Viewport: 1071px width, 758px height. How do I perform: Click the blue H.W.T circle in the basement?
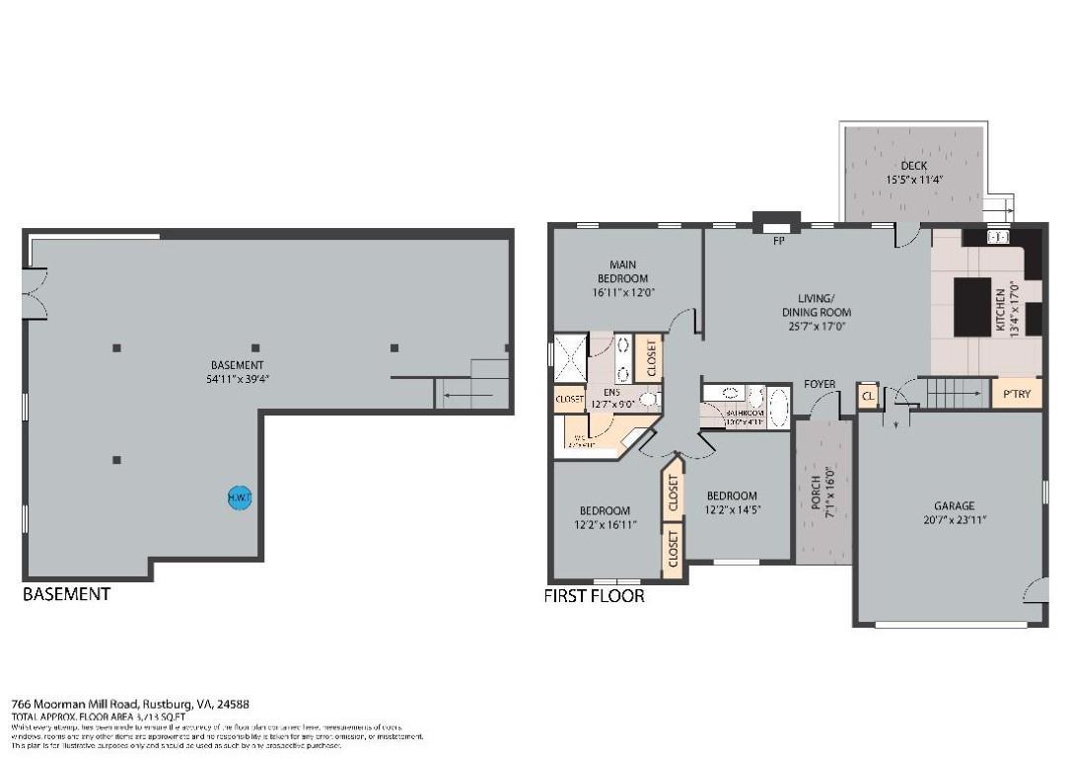click(x=240, y=498)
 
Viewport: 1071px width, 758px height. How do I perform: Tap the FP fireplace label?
click(x=778, y=240)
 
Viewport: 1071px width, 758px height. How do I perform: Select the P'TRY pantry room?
click(x=1016, y=394)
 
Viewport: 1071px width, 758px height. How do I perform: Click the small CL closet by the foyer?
click(x=868, y=395)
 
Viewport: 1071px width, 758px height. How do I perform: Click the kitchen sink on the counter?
click(x=996, y=237)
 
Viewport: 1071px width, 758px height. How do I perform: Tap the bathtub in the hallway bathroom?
click(x=778, y=407)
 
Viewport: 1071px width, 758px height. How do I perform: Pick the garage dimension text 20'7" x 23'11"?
click(x=954, y=519)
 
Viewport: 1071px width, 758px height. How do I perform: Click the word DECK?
click(x=913, y=166)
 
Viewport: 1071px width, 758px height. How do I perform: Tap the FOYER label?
click(x=820, y=385)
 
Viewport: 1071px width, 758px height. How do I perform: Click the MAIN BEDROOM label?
click(x=622, y=271)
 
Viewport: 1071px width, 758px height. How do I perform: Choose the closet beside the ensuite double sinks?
click(x=650, y=359)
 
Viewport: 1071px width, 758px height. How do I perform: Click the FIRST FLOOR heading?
click(x=594, y=596)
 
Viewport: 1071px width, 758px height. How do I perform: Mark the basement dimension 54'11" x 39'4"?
click(x=238, y=378)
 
